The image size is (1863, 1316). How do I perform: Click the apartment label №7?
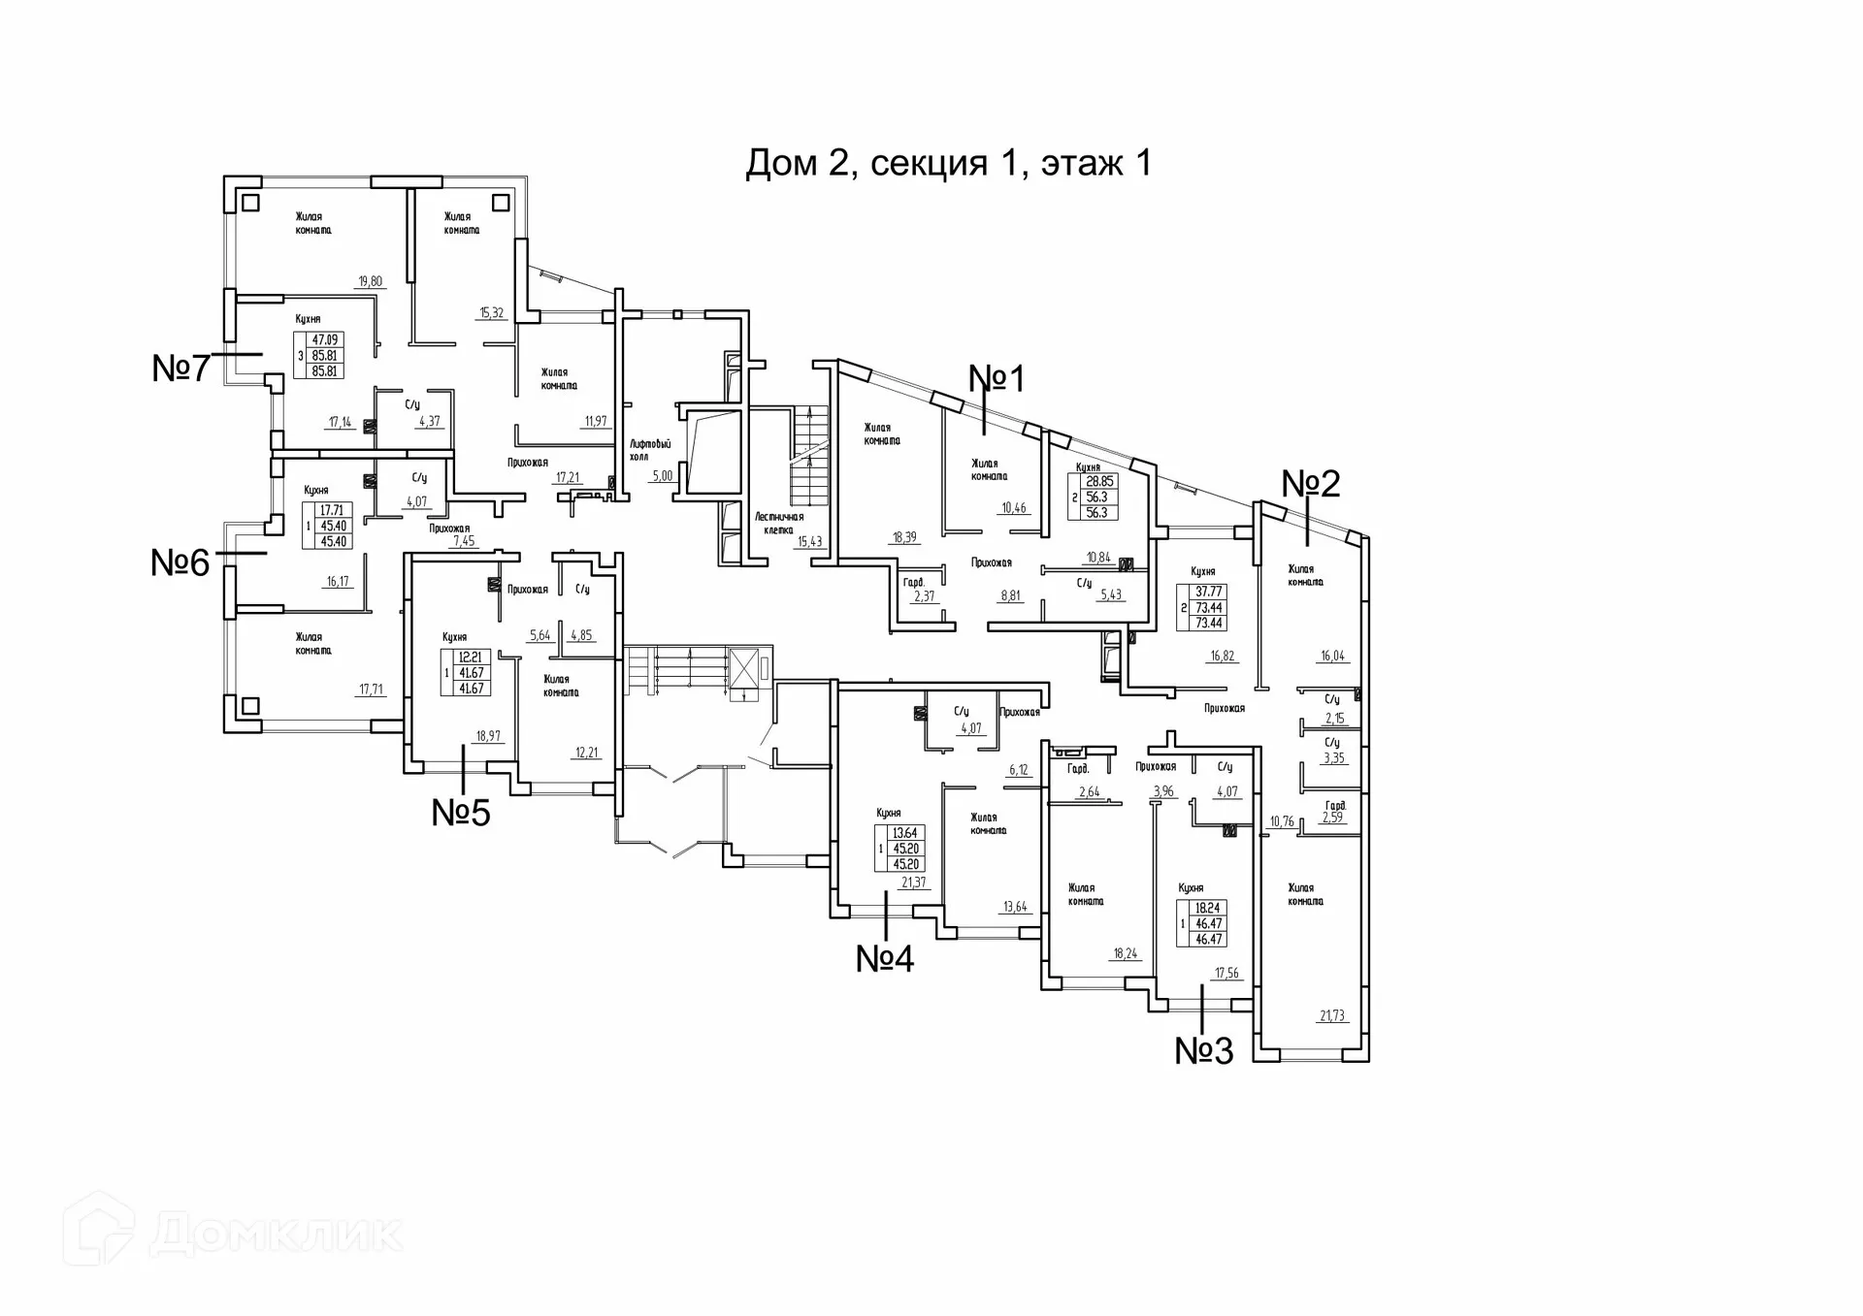click(x=180, y=369)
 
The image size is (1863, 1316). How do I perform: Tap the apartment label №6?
click(x=180, y=562)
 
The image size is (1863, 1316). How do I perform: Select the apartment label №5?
click(x=461, y=813)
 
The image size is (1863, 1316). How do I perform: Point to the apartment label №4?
click(x=885, y=958)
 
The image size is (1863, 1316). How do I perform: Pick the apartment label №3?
click(x=1204, y=1050)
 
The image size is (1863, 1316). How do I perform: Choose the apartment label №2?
click(x=1311, y=483)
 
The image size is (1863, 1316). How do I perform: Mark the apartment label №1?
click(x=997, y=378)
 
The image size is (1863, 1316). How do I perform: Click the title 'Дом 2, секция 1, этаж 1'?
click(x=948, y=163)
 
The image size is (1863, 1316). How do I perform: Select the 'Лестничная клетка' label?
click(x=779, y=524)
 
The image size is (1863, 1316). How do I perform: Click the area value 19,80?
click(x=370, y=281)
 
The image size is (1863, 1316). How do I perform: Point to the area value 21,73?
click(x=1332, y=1016)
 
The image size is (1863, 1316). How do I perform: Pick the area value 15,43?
click(x=810, y=542)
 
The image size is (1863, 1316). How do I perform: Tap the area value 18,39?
click(x=904, y=537)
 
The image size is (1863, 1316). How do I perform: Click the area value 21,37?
click(x=914, y=883)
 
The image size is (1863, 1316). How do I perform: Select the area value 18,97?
click(x=488, y=736)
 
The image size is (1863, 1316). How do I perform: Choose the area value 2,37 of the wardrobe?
click(x=925, y=596)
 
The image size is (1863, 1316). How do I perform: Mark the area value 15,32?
click(x=491, y=312)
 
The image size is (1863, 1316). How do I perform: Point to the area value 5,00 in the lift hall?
click(x=663, y=476)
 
